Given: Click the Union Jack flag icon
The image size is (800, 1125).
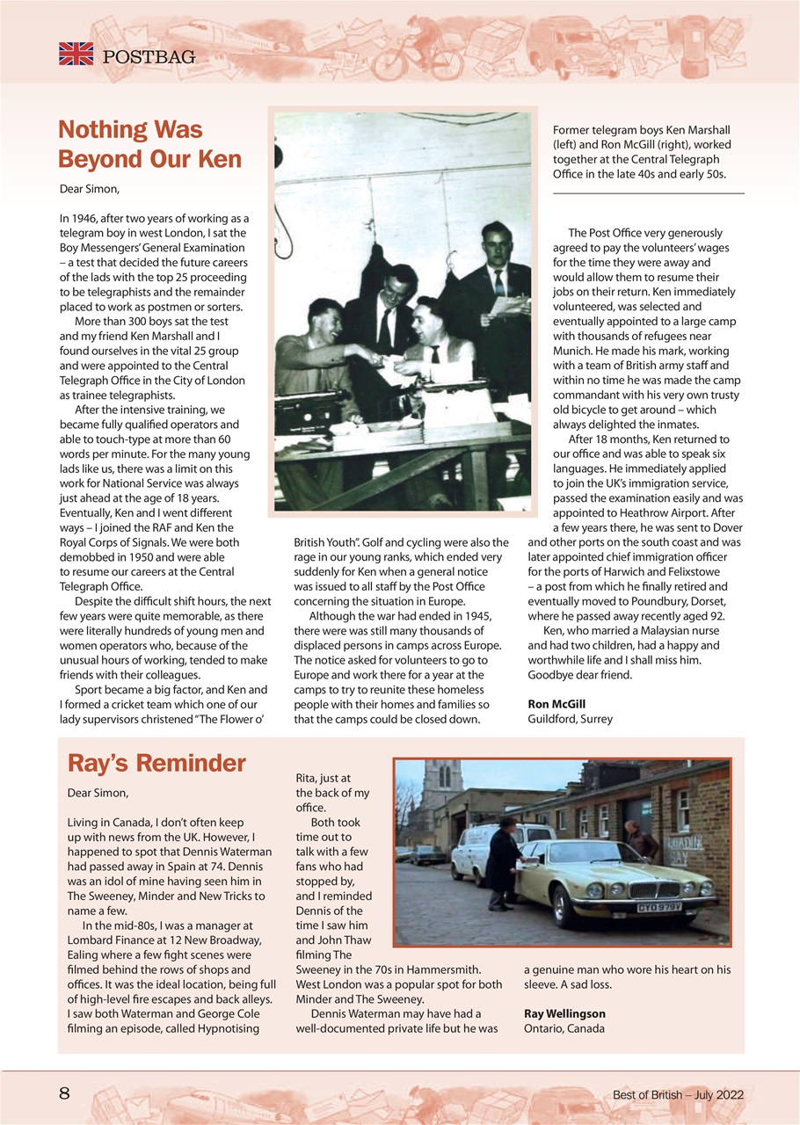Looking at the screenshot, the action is [76, 54].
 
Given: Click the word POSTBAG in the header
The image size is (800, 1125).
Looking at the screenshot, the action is [149, 57].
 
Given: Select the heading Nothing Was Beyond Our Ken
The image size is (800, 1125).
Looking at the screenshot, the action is [149, 145].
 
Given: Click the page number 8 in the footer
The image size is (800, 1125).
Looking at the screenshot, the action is [64, 1094].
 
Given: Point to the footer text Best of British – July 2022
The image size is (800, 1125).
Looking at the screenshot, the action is [678, 1095].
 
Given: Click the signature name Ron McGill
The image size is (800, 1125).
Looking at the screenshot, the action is [556, 704].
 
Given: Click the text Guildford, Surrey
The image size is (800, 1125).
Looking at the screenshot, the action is [570, 719].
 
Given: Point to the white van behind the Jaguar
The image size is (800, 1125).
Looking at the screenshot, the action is [475, 848].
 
